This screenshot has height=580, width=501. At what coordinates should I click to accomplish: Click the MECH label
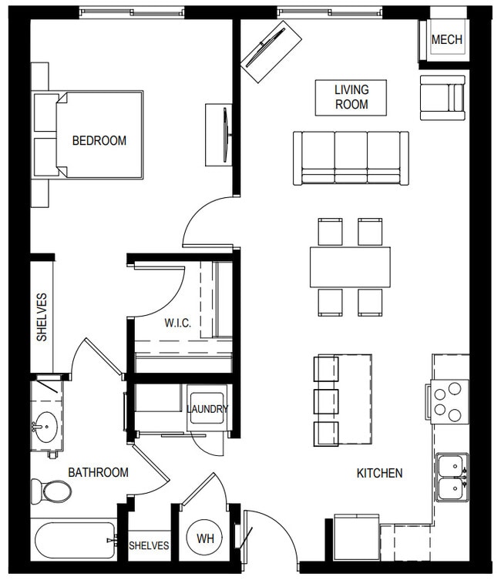(447, 39)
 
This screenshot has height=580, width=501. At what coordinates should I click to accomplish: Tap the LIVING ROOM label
(351, 97)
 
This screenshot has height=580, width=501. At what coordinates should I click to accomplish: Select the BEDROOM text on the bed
(99, 141)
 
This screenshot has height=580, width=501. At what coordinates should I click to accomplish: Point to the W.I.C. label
(177, 323)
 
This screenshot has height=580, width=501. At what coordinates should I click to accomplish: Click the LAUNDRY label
(207, 409)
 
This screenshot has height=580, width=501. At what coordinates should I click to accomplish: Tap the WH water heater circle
(205, 538)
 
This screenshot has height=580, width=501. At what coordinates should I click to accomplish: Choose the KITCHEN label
(379, 473)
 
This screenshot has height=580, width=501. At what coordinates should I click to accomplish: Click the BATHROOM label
(98, 472)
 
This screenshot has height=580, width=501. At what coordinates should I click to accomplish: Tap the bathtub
(74, 541)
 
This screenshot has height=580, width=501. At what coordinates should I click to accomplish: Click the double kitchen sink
(452, 477)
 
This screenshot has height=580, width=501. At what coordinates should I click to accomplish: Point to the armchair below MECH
(442, 98)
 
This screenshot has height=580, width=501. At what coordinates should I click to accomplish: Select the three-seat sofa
(351, 157)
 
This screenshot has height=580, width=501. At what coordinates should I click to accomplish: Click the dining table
(350, 267)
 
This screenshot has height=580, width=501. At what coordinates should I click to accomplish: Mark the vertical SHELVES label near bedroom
(42, 317)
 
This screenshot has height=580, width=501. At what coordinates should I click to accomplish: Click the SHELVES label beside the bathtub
(149, 545)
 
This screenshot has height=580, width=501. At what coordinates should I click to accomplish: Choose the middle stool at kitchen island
(327, 401)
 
